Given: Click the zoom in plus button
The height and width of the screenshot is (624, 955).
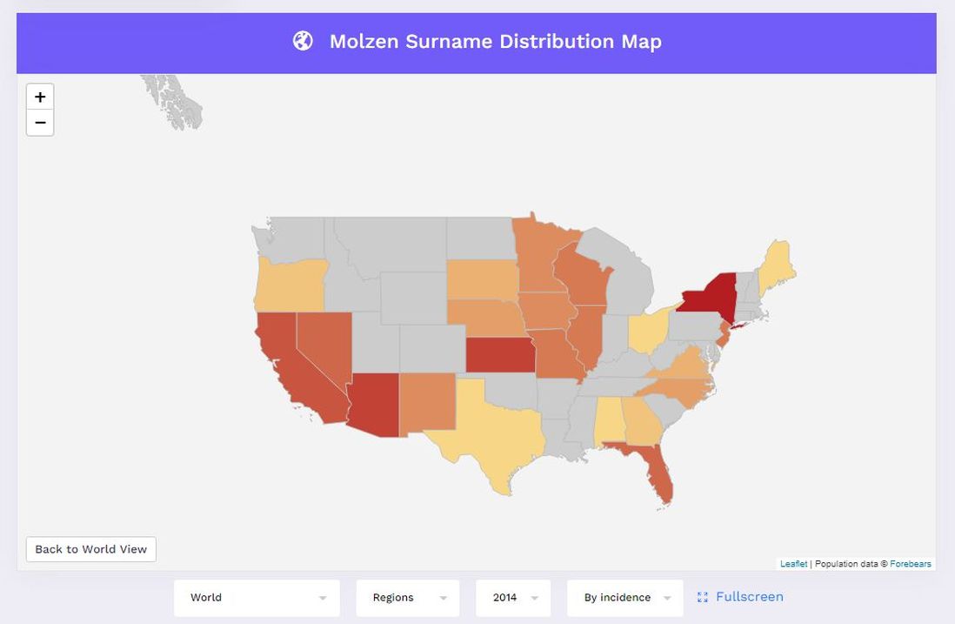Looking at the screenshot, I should (40, 97).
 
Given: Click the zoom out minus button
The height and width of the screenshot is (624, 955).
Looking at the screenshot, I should (40, 123).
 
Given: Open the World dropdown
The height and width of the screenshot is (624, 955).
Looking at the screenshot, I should (257, 598).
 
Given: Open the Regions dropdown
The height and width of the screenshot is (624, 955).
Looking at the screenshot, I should (407, 598).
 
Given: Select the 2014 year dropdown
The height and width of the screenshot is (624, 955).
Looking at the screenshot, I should (513, 598).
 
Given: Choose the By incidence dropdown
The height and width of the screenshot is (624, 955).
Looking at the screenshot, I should (624, 598).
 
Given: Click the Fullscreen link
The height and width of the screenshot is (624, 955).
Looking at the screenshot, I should (741, 597).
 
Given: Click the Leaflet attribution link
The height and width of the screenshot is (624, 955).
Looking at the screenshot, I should (793, 564).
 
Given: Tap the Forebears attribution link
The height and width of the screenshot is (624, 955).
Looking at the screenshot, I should (911, 564).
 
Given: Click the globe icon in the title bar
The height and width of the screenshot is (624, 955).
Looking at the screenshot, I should (303, 41).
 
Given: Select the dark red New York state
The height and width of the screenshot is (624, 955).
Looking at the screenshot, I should (706, 296).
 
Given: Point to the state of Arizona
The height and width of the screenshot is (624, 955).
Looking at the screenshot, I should (374, 405).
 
